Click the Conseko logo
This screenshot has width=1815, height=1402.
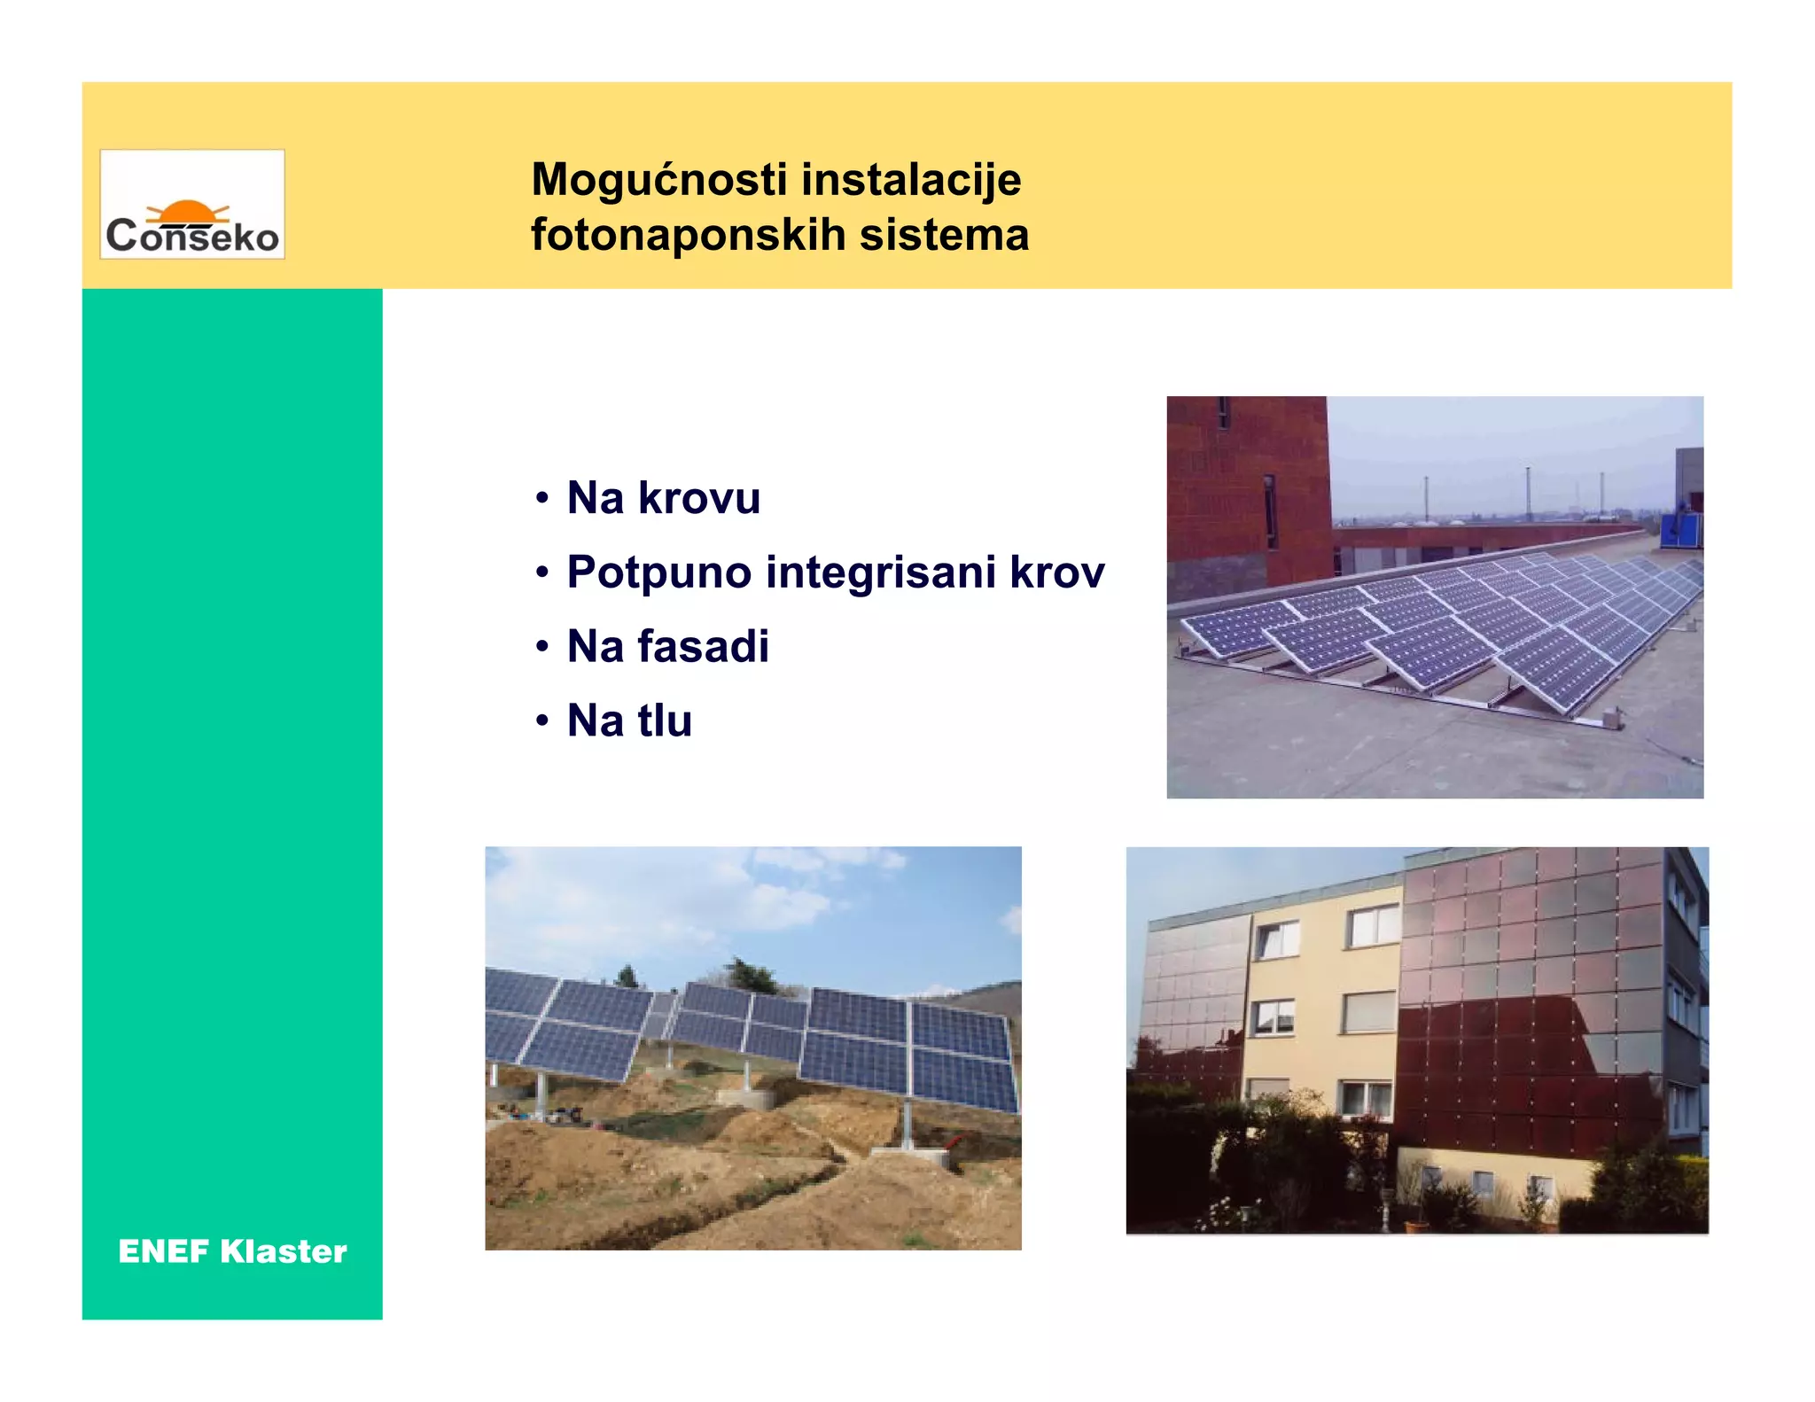(x=192, y=205)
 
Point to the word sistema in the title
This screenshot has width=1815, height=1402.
(x=944, y=235)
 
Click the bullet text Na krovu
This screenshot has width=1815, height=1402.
(x=663, y=497)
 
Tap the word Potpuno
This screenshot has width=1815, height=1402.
(x=659, y=572)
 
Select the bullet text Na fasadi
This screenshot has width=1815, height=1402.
(x=667, y=646)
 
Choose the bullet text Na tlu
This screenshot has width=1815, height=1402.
(x=629, y=720)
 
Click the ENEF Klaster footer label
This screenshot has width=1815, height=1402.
(x=232, y=1251)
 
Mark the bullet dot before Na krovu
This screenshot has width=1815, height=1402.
(x=542, y=498)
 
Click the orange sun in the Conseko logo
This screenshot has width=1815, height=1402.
(x=187, y=212)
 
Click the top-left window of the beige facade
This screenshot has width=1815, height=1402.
(x=1277, y=939)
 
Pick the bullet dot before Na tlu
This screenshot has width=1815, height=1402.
(x=542, y=720)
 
